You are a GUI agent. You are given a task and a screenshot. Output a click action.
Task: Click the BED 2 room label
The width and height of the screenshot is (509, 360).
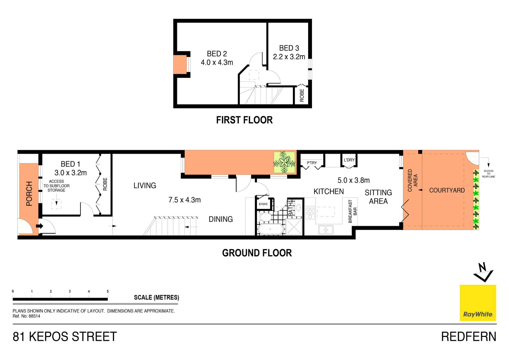click(217, 54)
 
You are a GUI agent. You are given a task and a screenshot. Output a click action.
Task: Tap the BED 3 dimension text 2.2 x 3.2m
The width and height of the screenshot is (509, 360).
click(289, 57)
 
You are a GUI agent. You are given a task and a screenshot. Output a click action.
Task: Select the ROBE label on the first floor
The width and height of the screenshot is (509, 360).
click(302, 95)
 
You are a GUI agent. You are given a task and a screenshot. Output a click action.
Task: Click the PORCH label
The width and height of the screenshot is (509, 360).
click(29, 194)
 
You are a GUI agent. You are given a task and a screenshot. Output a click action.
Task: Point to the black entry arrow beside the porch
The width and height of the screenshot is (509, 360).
click(40, 226)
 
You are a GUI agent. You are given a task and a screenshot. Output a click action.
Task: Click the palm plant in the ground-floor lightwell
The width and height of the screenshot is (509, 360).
click(284, 162)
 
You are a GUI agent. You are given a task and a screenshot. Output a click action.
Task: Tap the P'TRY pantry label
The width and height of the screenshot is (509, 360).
click(312, 163)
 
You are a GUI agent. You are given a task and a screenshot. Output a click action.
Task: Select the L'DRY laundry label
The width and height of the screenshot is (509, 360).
click(349, 160)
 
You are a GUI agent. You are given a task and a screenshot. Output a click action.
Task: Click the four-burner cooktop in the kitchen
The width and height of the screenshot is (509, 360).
click(310, 213)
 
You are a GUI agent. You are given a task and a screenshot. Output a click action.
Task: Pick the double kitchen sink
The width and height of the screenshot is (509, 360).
click(326, 230)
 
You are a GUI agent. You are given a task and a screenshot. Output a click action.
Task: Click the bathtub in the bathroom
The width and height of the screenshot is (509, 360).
click(270, 229)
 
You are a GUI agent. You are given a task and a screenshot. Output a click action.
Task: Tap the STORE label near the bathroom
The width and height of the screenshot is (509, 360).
click(263, 204)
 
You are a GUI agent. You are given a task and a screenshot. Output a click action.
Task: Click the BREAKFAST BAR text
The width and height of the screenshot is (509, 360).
click(353, 211)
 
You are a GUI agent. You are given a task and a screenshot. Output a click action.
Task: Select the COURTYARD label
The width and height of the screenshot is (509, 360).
click(447, 190)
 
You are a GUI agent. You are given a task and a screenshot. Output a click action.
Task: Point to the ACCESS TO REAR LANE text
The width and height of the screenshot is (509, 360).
click(488, 174)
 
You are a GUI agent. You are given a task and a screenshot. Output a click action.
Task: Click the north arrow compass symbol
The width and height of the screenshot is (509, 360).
click(483, 272)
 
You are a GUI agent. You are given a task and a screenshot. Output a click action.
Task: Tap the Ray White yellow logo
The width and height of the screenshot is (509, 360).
click(478, 303)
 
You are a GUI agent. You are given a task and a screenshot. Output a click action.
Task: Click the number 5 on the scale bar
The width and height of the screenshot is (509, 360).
click(108, 291)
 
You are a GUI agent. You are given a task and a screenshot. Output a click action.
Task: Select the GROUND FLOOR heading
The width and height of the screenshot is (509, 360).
click(257, 253)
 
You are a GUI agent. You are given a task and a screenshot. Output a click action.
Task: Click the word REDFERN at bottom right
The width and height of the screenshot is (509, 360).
click(468, 337)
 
